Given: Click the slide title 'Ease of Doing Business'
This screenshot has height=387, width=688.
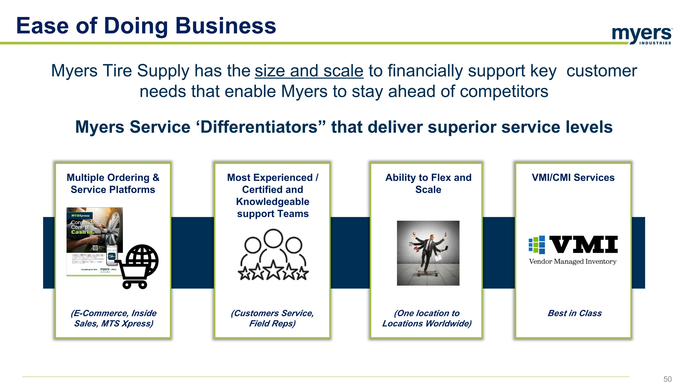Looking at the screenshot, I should click(146, 26).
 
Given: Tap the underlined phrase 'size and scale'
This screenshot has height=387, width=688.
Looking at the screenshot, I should click(309, 71).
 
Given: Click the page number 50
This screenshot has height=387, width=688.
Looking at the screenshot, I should click(667, 379).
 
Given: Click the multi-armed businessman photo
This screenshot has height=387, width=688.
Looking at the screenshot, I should click(428, 253).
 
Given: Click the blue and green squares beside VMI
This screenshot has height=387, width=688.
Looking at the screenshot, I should click(537, 244).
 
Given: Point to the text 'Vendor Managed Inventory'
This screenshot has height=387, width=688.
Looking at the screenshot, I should click(573, 261).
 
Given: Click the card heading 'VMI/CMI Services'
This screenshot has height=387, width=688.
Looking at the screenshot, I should click(573, 178).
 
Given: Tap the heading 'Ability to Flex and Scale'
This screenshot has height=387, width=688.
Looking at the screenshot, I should click(428, 184).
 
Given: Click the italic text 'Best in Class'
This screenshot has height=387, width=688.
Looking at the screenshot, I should click(574, 313).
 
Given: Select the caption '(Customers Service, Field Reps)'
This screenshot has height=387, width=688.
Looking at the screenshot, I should click(272, 318).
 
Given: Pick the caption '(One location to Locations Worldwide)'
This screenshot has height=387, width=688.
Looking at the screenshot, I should click(427, 318).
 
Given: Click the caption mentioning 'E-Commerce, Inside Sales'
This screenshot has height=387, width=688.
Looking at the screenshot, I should click(114, 318).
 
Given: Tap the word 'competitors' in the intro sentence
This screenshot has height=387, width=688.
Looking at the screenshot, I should click(504, 91).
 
